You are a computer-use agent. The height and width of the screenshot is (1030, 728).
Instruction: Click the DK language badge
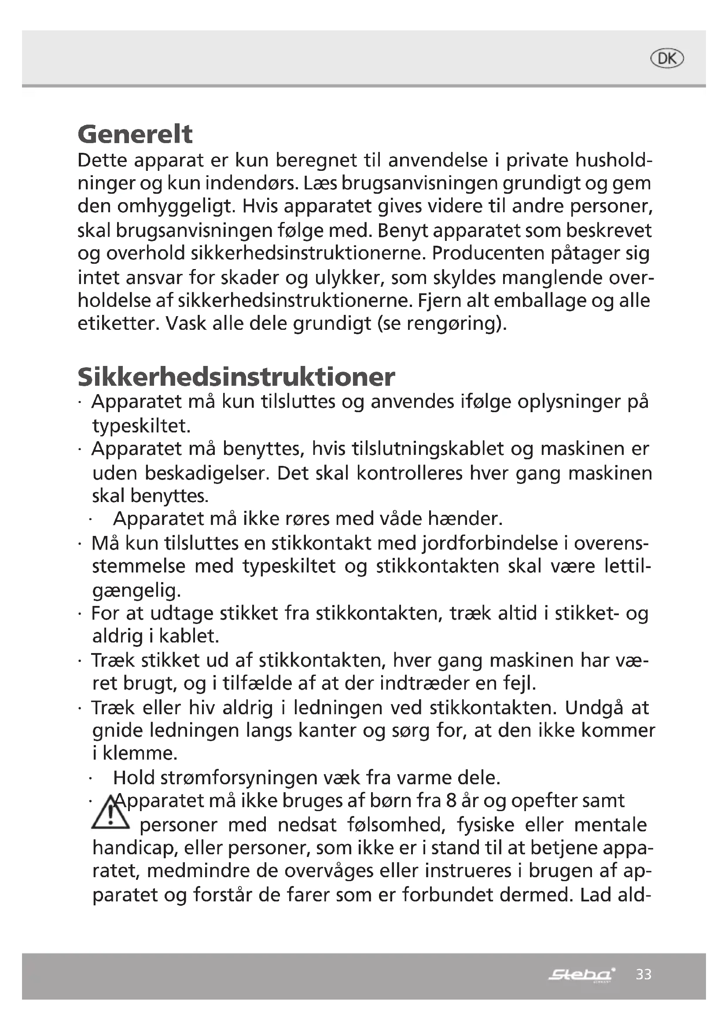667,59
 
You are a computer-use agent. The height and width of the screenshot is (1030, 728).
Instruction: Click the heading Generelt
135,134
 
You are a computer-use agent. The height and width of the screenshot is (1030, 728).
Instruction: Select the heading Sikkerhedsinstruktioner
236,377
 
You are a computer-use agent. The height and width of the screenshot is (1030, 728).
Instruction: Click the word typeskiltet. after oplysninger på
142,426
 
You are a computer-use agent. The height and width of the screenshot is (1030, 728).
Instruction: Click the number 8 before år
452,801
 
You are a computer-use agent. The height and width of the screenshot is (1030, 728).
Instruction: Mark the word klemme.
140,753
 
